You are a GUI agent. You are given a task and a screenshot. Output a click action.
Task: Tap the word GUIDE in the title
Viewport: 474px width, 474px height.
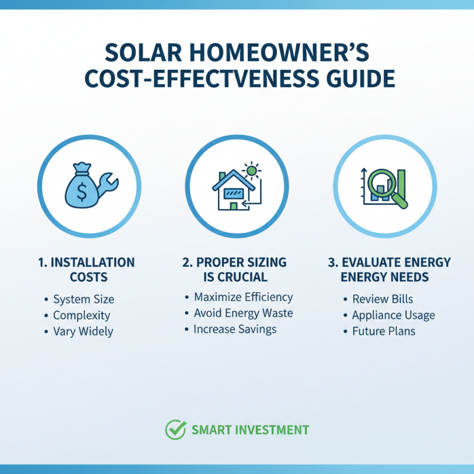pyautogui.click(x=355, y=79)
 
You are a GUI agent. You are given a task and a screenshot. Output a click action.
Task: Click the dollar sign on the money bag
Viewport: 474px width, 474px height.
pyautogui.click(x=82, y=190)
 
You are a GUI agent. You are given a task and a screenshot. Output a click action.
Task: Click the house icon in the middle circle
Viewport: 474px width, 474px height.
pyautogui.click(x=230, y=190)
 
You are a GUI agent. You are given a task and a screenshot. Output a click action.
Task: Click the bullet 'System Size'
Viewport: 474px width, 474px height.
pyautogui.click(x=84, y=299)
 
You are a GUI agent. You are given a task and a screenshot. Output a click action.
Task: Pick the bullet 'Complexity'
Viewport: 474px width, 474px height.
pyautogui.click(x=82, y=315)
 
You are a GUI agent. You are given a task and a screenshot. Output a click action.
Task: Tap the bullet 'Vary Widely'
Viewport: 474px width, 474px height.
pyautogui.click(x=83, y=331)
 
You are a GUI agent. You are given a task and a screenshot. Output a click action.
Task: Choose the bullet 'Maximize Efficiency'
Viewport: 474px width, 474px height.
pyautogui.click(x=243, y=297)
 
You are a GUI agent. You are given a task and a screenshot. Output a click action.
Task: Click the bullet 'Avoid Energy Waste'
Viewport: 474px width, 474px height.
pyautogui.click(x=243, y=313)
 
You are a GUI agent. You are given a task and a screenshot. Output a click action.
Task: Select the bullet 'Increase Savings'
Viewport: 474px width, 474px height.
pyautogui.click(x=235, y=329)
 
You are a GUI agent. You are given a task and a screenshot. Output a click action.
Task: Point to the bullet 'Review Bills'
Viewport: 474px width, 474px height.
pyautogui.click(x=382, y=299)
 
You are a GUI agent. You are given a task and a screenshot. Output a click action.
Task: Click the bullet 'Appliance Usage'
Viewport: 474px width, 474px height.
pyautogui.click(x=393, y=315)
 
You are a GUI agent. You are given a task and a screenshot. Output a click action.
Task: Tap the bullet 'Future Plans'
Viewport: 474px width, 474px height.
pyautogui.click(x=383, y=331)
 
